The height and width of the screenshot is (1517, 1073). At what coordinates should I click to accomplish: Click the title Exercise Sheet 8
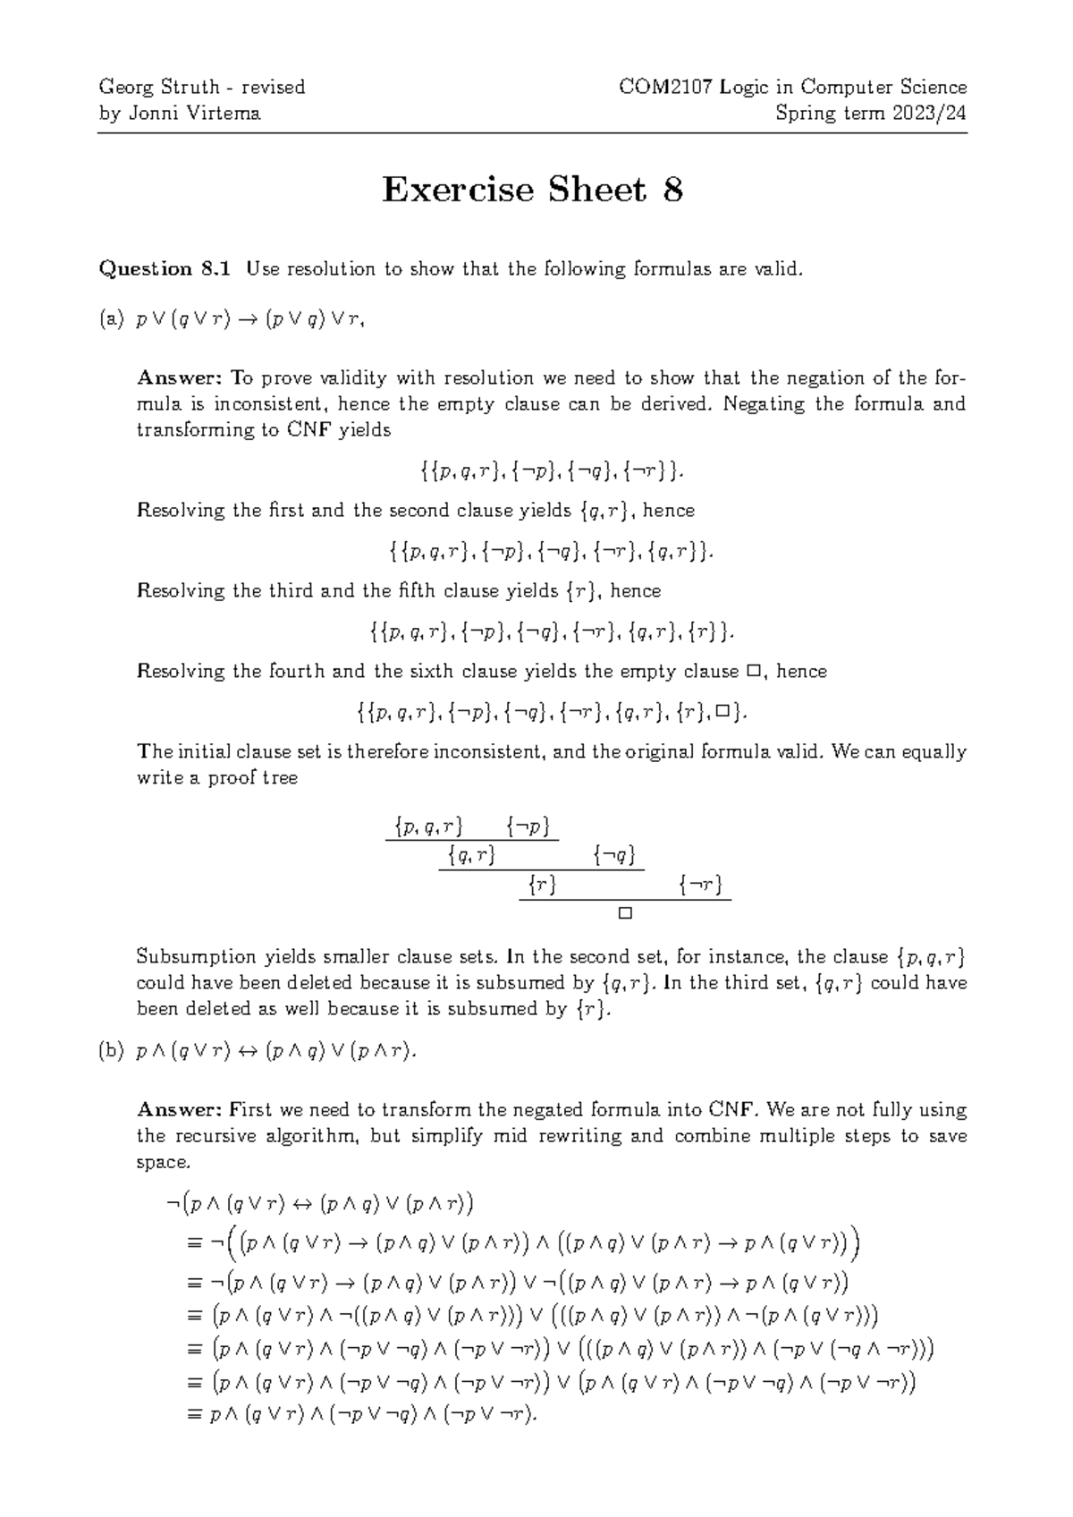pyautogui.click(x=533, y=191)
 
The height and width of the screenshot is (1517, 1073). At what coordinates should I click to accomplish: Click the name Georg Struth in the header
pyautogui.click(x=159, y=88)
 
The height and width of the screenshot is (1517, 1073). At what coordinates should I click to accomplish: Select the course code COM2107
pyautogui.click(x=656, y=88)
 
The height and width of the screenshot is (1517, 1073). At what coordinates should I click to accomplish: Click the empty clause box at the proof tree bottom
pyautogui.click(x=625, y=914)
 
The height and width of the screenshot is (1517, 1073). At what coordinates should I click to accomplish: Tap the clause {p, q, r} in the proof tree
pyautogui.click(x=427, y=827)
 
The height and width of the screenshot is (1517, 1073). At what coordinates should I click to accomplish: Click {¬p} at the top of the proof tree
pyautogui.click(x=527, y=827)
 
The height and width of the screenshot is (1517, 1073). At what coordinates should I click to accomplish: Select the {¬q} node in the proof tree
pyautogui.click(x=614, y=857)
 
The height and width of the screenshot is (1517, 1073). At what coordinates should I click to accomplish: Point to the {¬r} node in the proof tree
pyautogui.click(x=700, y=886)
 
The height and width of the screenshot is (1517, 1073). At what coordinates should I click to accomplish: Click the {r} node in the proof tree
pyautogui.click(x=542, y=886)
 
